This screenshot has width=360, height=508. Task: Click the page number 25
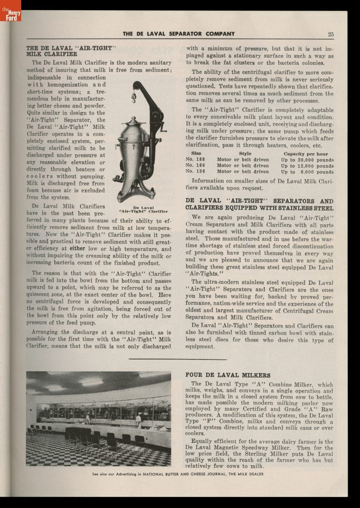(331, 34)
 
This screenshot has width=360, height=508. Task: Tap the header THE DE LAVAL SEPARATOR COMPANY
(179, 34)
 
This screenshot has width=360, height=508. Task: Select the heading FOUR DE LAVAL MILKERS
(228, 375)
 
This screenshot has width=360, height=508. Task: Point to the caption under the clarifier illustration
(143, 209)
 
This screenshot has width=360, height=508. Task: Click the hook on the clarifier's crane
(133, 99)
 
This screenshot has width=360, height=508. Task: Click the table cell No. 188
(195, 160)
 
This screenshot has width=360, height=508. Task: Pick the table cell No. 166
(195, 166)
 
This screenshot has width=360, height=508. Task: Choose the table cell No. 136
(195, 172)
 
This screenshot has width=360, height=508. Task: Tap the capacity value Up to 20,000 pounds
(307, 160)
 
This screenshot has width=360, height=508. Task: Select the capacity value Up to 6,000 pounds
(307, 172)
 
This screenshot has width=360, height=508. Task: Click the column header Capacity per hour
(306, 154)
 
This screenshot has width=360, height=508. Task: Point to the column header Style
(245, 154)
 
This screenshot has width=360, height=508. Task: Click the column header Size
(196, 154)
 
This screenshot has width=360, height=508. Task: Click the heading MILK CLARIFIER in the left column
(52, 54)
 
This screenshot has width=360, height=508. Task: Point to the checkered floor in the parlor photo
(64, 453)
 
